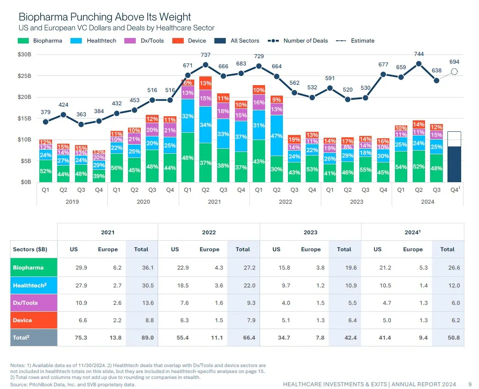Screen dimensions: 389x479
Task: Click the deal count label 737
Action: pos(205,55)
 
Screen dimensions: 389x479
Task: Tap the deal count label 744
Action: pos(419,54)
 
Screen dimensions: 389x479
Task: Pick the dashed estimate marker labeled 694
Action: pos(454,71)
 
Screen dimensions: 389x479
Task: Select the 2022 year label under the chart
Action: pos(285,201)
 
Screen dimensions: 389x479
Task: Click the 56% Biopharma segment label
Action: pos(117,168)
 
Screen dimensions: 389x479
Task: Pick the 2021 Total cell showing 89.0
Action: pos(141,338)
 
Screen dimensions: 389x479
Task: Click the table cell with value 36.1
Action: pos(141,268)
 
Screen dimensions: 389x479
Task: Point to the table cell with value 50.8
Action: pos(447,338)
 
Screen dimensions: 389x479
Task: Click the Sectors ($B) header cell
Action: pos(30,249)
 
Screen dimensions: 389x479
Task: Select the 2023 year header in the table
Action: pos(310,232)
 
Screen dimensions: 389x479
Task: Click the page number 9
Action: pos(470,384)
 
